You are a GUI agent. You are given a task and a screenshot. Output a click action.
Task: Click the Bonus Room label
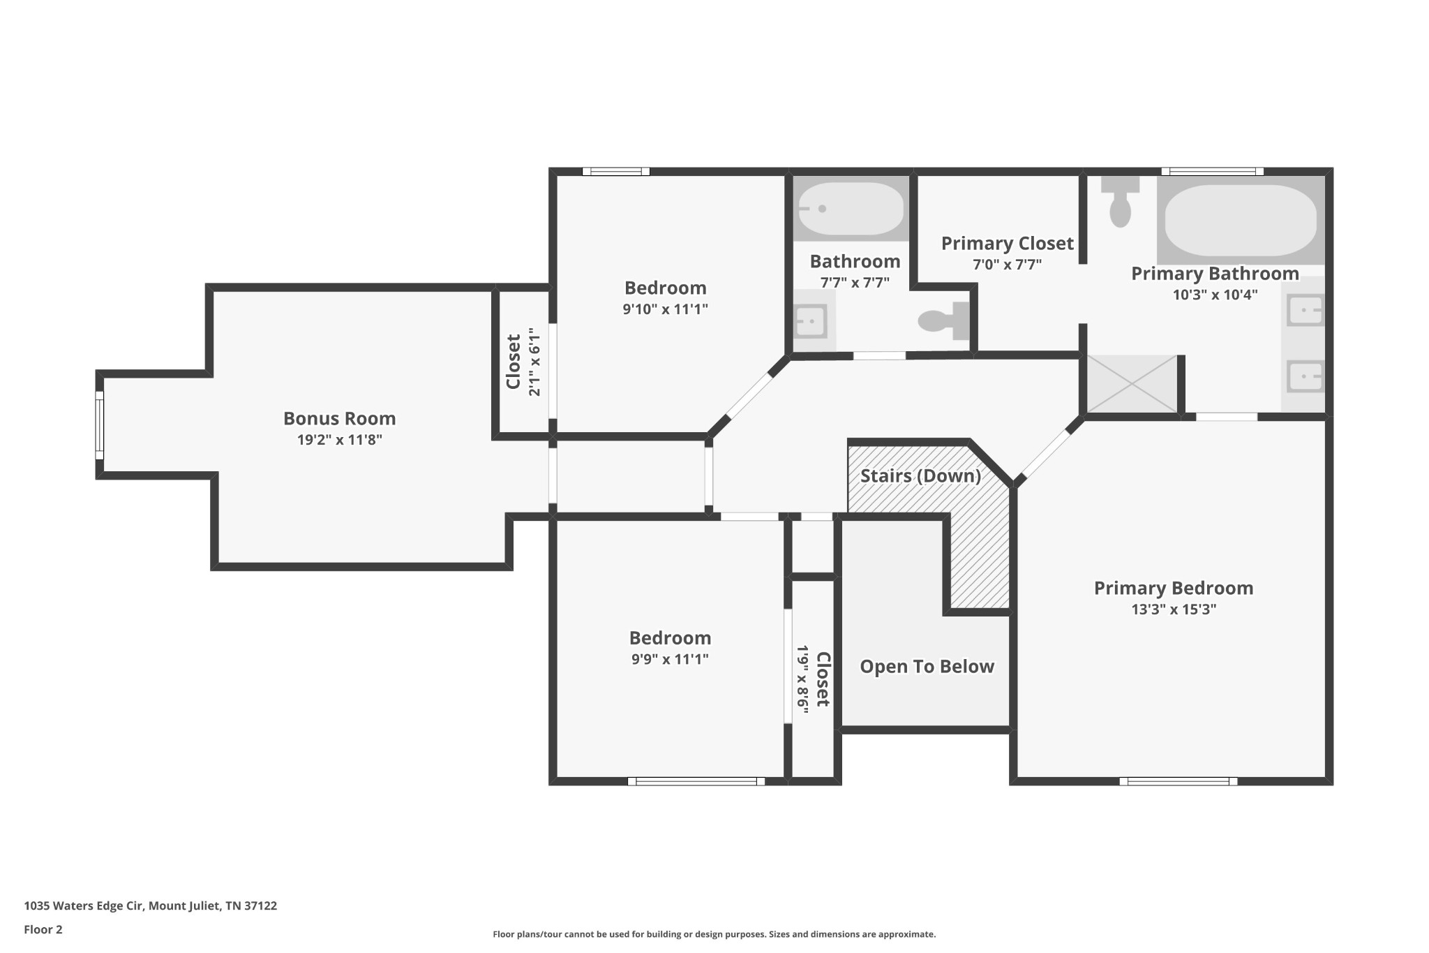click(339, 418)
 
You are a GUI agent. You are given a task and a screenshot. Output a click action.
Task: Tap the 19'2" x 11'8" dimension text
click(340, 440)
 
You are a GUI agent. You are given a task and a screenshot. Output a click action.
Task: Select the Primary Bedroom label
click(1174, 589)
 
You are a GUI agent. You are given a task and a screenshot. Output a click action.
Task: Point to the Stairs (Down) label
click(920, 476)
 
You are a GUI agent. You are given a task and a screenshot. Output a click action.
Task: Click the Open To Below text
click(927, 667)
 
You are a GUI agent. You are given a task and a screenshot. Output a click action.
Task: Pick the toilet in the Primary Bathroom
click(1120, 201)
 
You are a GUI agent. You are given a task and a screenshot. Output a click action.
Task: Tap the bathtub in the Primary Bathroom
click(1241, 220)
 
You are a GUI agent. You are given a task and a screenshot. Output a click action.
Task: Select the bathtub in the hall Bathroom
click(851, 208)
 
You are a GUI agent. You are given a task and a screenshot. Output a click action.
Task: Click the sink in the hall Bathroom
click(814, 321)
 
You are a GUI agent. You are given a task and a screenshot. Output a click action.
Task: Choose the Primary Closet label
click(1007, 244)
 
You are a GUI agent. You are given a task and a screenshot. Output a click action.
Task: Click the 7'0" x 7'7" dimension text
click(1007, 265)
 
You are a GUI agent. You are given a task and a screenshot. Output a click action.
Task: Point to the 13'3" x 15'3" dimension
click(1174, 610)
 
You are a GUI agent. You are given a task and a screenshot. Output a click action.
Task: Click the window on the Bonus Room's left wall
click(100, 425)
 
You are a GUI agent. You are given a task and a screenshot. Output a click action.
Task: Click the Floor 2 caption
click(43, 929)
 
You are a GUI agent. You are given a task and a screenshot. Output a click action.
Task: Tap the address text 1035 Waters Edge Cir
click(84, 906)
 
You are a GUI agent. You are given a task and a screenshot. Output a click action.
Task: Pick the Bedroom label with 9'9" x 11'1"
click(670, 638)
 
